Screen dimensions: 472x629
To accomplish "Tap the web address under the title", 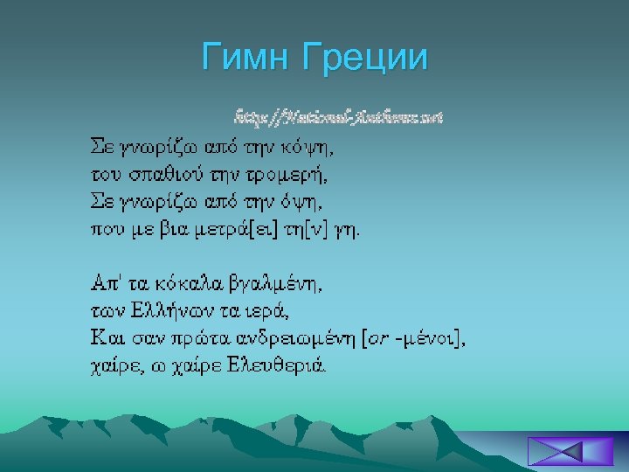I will coord(337,116).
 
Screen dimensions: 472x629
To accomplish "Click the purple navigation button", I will coord(556,453).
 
